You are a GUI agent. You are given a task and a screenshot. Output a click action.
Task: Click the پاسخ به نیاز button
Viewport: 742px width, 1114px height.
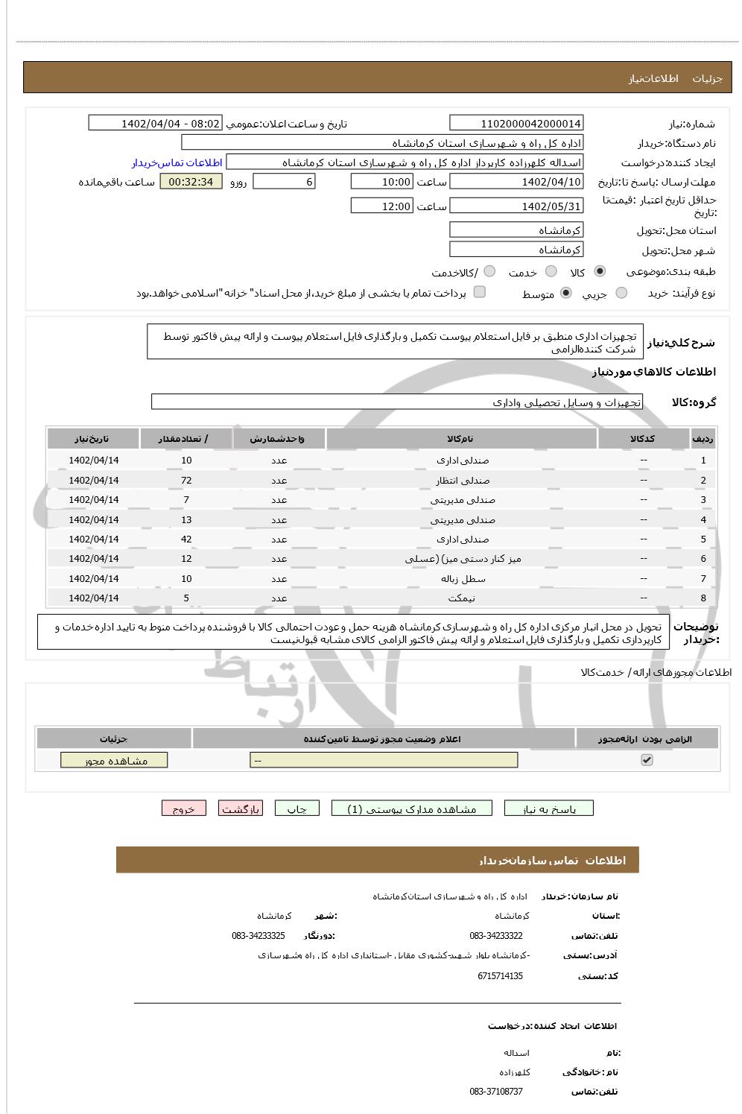pyautogui.click(x=549, y=809)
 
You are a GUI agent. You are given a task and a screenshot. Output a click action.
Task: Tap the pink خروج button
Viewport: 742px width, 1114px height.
pyautogui.click(x=183, y=809)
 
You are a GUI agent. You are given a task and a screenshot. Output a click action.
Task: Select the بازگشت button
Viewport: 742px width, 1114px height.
pyautogui.click(x=240, y=809)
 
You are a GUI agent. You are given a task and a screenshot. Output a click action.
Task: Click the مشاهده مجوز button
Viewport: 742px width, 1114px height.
pyautogui.click(x=114, y=761)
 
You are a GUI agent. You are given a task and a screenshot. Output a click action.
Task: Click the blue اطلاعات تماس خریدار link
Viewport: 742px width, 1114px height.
pyautogui.click(x=177, y=162)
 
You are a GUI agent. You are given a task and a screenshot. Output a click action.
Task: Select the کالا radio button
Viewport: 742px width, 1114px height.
pyautogui.click(x=600, y=272)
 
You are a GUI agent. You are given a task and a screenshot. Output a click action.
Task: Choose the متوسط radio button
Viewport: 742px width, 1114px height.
pyautogui.click(x=566, y=294)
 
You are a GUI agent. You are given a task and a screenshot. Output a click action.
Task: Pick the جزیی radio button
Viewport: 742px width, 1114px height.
pyautogui.click(x=621, y=294)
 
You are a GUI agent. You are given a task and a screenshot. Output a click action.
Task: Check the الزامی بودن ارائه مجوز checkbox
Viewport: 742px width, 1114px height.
pyautogui.click(x=647, y=760)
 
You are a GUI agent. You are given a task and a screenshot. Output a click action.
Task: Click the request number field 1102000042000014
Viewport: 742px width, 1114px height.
pyautogui.click(x=516, y=124)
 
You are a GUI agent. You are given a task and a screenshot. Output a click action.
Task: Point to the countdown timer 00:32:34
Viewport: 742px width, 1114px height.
pyautogui.click(x=191, y=182)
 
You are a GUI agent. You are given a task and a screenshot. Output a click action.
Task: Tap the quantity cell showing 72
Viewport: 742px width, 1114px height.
pyautogui.click(x=186, y=481)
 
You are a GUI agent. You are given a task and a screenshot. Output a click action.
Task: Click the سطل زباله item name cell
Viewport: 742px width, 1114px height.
pyautogui.click(x=463, y=579)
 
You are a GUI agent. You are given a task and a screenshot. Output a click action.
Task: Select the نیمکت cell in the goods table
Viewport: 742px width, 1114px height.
pyautogui.click(x=463, y=598)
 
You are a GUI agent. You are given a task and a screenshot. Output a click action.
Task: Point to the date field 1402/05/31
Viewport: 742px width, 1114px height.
pyautogui.click(x=516, y=206)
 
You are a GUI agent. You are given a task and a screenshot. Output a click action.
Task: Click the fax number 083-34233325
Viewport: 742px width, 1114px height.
pyautogui.click(x=258, y=936)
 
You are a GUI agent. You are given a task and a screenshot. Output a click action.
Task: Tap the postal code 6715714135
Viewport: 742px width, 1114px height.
pyautogui.click(x=500, y=976)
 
